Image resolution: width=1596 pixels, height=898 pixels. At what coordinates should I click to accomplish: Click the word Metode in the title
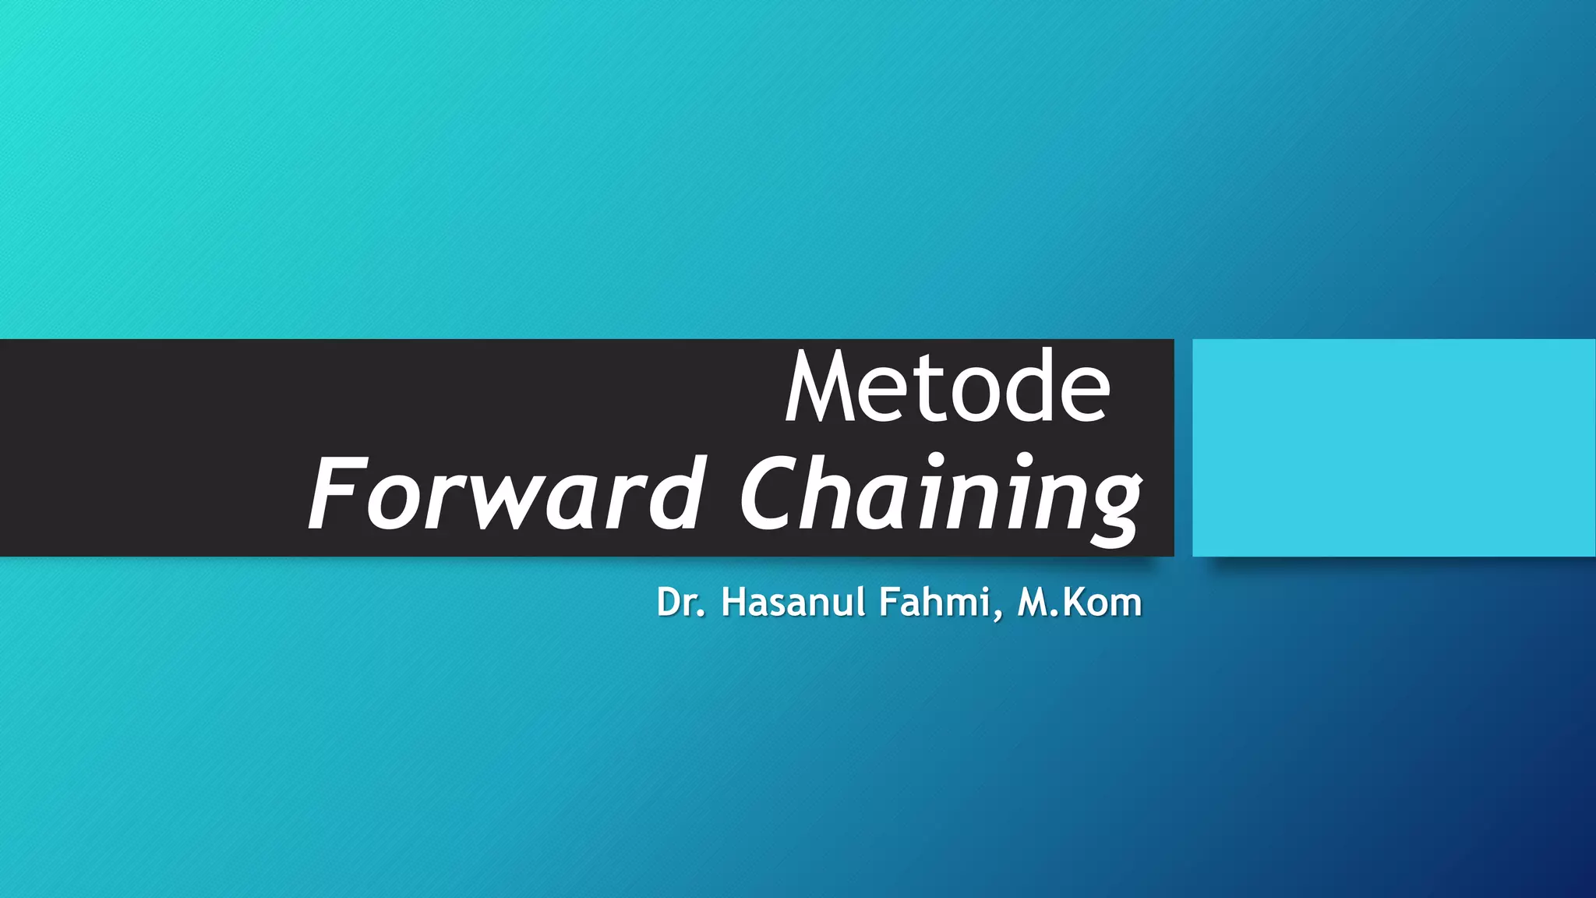click(x=947, y=388)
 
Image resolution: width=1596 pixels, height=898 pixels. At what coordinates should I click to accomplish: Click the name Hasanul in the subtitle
click(x=793, y=603)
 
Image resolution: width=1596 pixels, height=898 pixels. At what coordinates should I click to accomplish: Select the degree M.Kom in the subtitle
click(x=1079, y=603)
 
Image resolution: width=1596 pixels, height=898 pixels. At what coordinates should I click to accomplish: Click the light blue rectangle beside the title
click(x=1393, y=447)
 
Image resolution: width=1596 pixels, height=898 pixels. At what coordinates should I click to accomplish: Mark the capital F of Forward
click(x=335, y=494)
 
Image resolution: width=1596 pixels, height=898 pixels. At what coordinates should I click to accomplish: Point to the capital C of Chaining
click(x=772, y=494)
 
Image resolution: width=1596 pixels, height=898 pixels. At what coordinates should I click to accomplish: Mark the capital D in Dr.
click(x=669, y=603)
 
